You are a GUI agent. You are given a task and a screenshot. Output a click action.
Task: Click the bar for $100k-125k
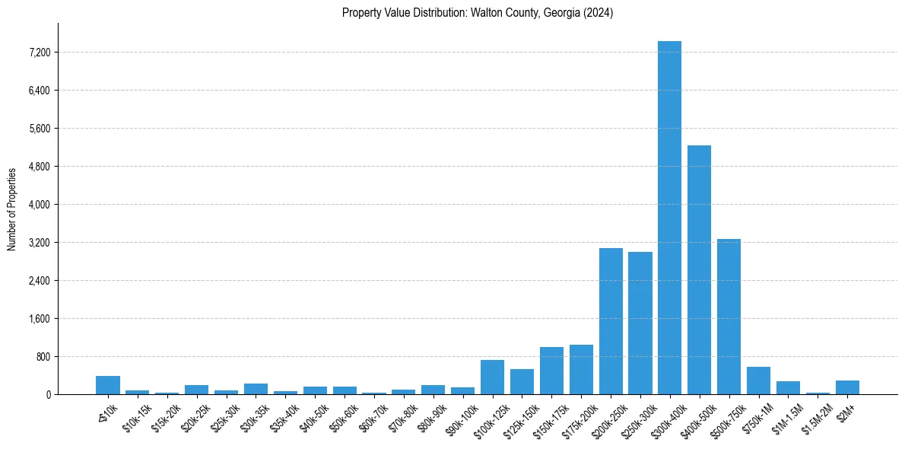(492, 377)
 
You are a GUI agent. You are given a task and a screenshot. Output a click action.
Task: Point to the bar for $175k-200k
(581, 370)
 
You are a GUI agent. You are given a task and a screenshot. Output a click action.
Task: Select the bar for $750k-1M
(758, 381)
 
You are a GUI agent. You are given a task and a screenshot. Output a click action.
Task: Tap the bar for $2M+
(847, 387)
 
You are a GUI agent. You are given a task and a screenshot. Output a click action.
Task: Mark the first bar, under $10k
(108, 385)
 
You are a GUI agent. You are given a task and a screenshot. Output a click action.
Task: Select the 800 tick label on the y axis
(43, 357)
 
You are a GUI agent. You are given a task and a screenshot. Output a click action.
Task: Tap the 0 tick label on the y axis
(48, 395)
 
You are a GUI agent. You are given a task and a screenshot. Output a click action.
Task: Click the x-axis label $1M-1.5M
(786, 416)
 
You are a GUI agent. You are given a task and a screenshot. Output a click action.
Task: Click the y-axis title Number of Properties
(11, 209)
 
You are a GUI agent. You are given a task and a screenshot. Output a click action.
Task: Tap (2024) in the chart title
(598, 13)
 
